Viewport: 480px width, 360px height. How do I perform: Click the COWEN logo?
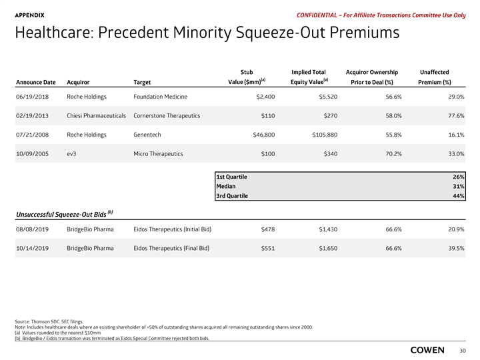coord(431,349)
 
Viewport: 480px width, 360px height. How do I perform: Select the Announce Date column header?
coord(35,83)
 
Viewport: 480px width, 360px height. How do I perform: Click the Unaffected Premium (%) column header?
coord(435,77)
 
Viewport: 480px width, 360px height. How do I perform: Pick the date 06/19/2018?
coord(35,97)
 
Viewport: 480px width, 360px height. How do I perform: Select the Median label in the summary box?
coord(225,187)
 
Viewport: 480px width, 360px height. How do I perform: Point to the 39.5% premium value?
coord(453,248)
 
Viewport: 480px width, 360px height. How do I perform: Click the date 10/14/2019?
coord(35,248)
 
